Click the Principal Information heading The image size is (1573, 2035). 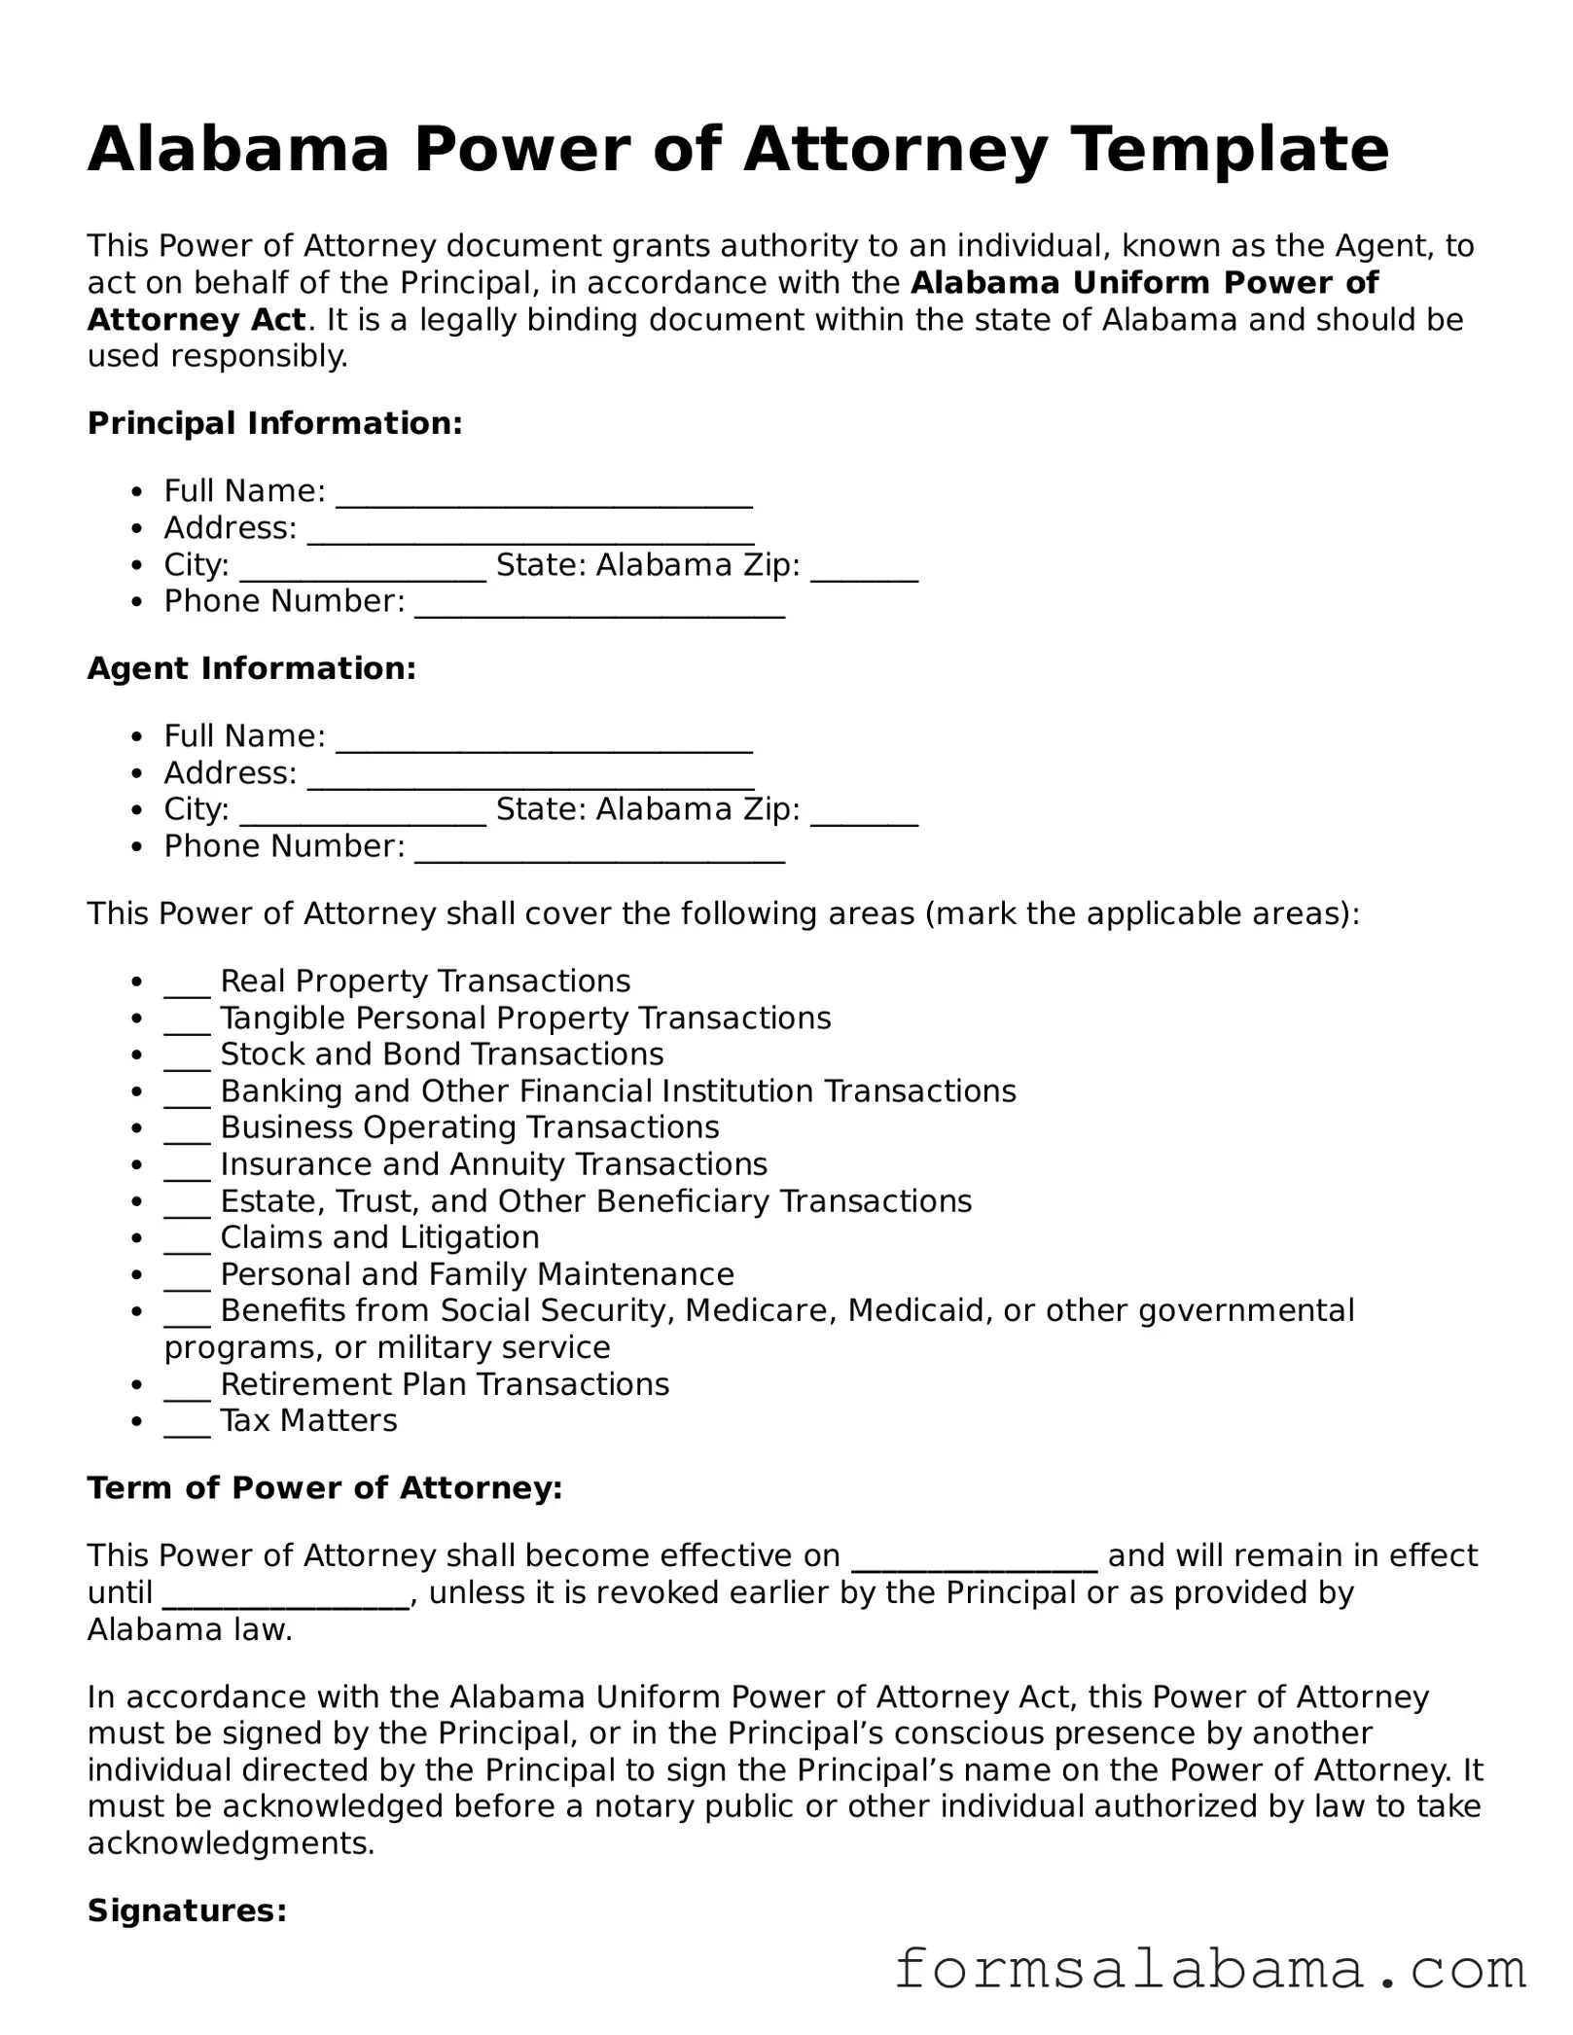tap(274, 423)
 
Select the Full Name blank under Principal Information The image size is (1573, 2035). tap(544, 494)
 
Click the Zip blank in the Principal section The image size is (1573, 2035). tap(864, 568)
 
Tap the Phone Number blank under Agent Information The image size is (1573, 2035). tap(599, 850)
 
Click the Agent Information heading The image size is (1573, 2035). tap(251, 668)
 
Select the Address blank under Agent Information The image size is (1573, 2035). tap(530, 776)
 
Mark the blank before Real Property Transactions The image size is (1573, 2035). tap(187, 983)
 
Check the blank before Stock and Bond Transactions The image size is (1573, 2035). tap(187, 1057)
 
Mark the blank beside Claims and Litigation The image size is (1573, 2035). tap(187, 1240)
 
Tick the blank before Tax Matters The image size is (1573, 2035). tap(187, 1423)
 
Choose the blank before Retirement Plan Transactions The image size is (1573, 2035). tap(187, 1386)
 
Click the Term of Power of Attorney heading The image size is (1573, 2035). tap(325, 1488)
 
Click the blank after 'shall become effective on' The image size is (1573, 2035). tap(975, 1558)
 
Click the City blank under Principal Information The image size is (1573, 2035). tap(362, 568)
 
